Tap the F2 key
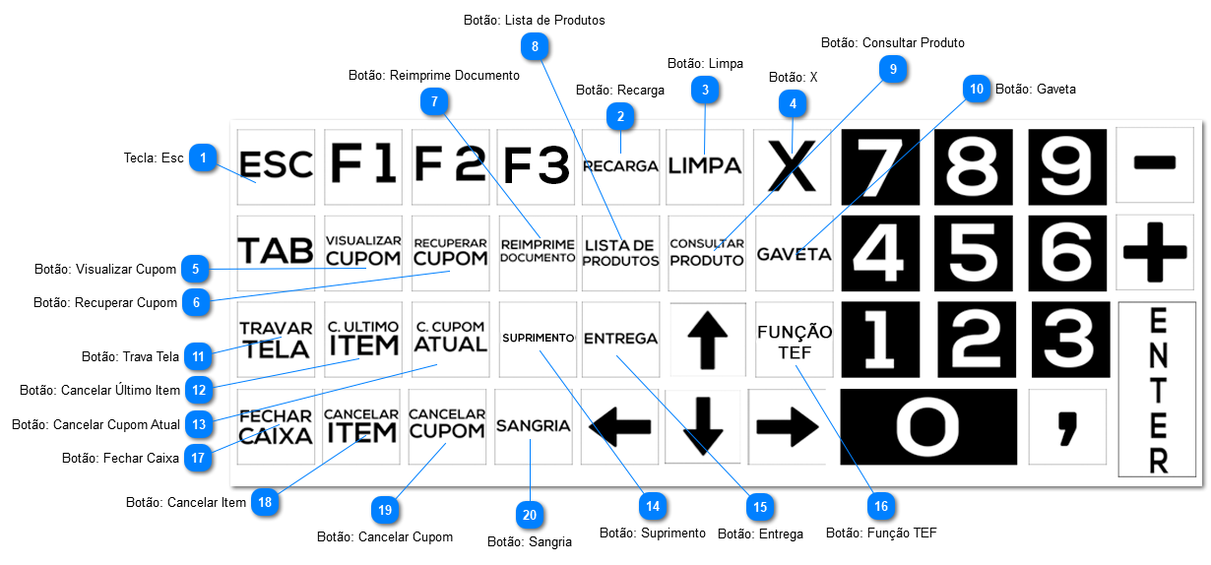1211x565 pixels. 450,166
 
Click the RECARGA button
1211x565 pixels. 620,166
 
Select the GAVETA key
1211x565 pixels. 794,253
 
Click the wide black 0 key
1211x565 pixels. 927,426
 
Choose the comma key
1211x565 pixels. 1066,426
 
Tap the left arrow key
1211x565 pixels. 619,426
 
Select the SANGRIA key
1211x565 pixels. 533,426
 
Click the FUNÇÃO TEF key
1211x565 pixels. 794,340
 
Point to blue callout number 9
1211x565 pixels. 893,69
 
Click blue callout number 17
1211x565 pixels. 199,458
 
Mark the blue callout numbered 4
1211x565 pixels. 793,101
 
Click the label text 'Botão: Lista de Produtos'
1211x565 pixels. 534,20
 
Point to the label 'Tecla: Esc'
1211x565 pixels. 154,157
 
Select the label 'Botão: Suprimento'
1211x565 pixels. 652,533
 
